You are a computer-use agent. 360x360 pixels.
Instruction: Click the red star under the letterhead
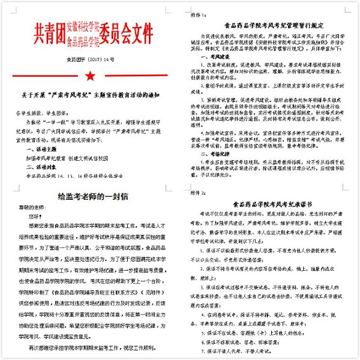pyautogui.click(x=89, y=76)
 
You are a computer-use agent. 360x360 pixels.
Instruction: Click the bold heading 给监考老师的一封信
pyautogui.click(x=89, y=196)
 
